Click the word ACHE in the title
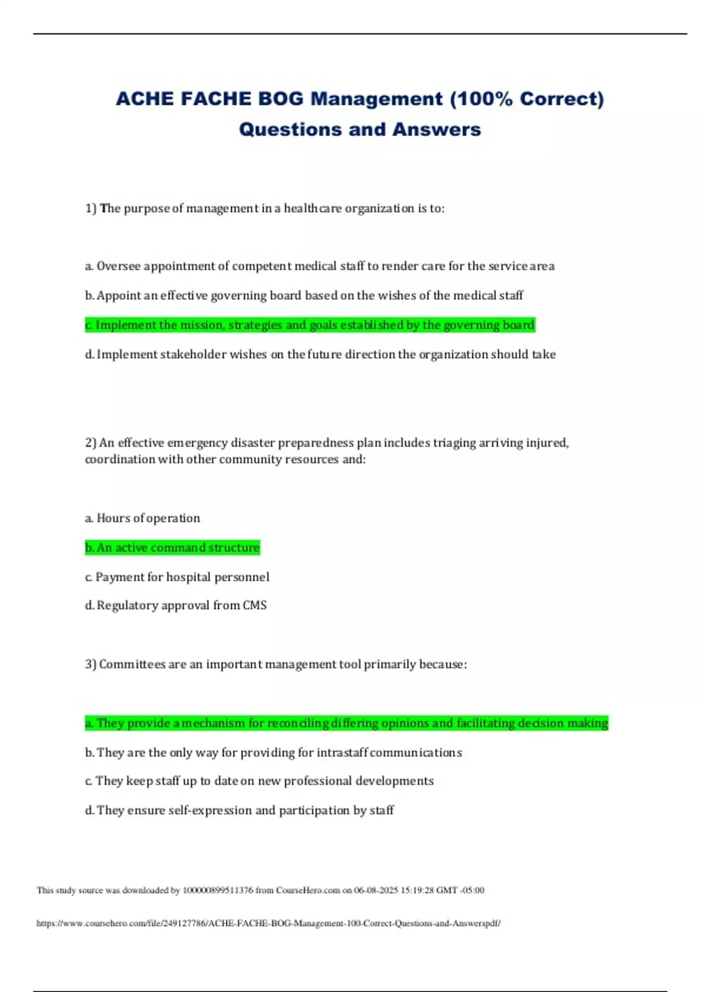pyautogui.click(x=144, y=99)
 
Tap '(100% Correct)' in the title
pyautogui.click(x=527, y=99)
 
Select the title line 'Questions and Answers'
pyautogui.click(x=360, y=129)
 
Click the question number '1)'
pyautogui.click(x=91, y=208)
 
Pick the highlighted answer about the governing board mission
pyautogui.click(x=310, y=325)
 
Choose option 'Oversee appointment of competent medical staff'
pyautogui.click(x=320, y=266)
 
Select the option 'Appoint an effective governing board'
pyautogui.click(x=304, y=295)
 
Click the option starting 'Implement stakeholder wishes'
pyautogui.click(x=320, y=354)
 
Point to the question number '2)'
pyautogui.click(x=91, y=443)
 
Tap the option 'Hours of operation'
pyautogui.click(x=143, y=518)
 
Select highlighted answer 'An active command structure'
pyautogui.click(x=172, y=547)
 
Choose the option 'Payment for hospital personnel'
pyautogui.click(x=177, y=577)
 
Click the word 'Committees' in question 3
pyautogui.click(x=132, y=664)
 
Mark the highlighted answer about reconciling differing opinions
pyautogui.click(x=346, y=723)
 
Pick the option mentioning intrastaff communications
pyautogui.click(x=273, y=752)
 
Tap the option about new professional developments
pyautogui.click(x=259, y=781)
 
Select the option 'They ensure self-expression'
pyautogui.click(x=240, y=810)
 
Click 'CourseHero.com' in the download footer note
pyautogui.click(x=308, y=890)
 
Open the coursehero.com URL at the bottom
pyautogui.click(x=268, y=923)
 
